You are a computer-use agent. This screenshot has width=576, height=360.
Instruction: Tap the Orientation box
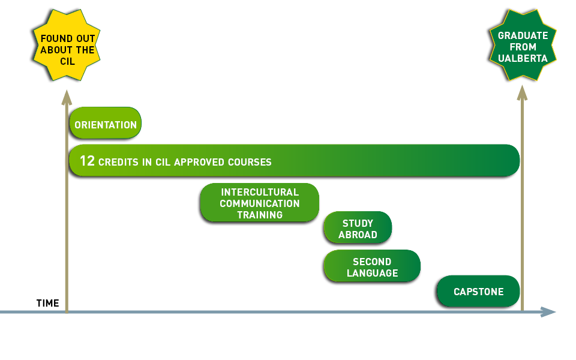click(x=106, y=125)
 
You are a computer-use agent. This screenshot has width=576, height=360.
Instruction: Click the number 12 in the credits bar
click(x=87, y=161)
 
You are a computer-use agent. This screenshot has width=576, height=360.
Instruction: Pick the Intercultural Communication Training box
click(x=259, y=203)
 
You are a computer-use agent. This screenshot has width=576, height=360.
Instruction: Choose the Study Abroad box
click(x=358, y=229)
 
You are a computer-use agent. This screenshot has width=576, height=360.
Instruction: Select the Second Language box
click(x=372, y=268)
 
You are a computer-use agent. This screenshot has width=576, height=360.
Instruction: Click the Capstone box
click(x=478, y=292)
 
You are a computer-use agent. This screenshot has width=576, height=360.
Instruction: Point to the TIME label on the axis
click(x=48, y=303)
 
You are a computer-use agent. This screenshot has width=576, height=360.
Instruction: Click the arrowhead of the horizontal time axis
click(x=548, y=312)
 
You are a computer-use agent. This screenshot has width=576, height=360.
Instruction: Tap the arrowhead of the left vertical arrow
click(x=67, y=96)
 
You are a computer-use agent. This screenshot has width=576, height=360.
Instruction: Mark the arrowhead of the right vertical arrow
click(x=523, y=91)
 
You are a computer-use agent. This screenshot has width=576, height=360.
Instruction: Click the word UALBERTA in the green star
click(x=523, y=59)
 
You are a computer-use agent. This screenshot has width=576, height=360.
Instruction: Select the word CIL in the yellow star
click(x=67, y=61)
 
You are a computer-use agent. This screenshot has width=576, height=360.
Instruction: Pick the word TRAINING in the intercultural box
click(x=259, y=215)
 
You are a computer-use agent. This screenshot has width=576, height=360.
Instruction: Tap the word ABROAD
click(x=358, y=235)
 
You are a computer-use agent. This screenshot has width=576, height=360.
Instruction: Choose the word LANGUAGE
click(x=372, y=274)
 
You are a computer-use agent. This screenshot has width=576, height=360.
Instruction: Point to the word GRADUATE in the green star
click(x=523, y=36)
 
